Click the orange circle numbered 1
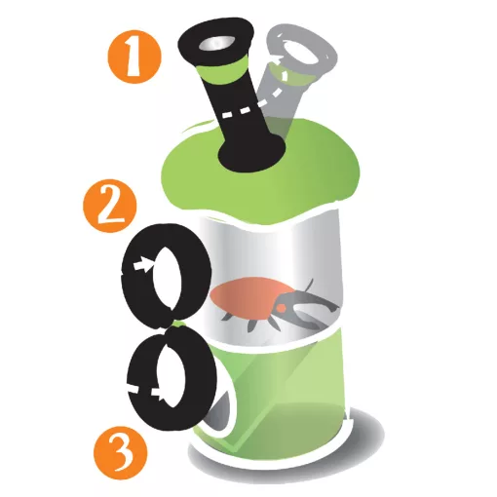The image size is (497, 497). click(x=134, y=57)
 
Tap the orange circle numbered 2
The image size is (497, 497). click(x=110, y=206)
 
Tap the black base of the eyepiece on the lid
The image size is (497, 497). click(x=251, y=153)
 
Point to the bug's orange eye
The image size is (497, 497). click(x=282, y=307)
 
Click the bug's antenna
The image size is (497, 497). click(x=309, y=285)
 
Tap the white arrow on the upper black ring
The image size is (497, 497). click(x=143, y=265)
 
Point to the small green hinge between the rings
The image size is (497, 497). click(x=178, y=324)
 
